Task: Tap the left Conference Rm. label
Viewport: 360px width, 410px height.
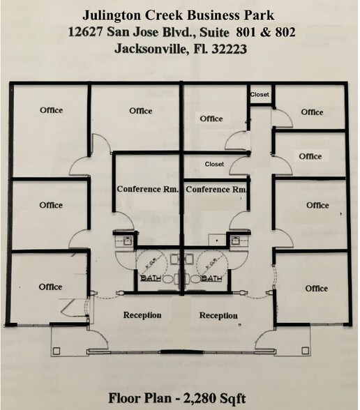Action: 148,189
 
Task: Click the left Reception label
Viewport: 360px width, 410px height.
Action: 142,315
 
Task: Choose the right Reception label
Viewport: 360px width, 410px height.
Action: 218,316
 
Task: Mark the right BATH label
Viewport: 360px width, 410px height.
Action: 211,279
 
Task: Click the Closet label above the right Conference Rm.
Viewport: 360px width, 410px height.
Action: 214,164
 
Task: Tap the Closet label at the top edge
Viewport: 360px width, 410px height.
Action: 260,94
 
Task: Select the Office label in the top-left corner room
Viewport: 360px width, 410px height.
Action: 51,110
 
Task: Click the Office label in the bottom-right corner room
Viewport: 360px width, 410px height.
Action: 316,288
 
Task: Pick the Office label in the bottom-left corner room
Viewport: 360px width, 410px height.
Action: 51,287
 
